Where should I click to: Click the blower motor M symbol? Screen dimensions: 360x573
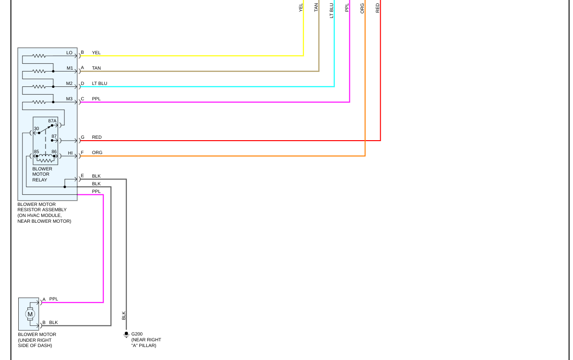tap(30, 314)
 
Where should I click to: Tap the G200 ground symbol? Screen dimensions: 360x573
tap(126, 335)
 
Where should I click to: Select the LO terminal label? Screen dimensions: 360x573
tap(70, 53)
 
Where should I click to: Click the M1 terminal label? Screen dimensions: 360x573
tap(70, 68)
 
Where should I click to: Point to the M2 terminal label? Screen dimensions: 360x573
tap(70, 84)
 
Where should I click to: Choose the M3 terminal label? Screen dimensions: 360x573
tap(70, 99)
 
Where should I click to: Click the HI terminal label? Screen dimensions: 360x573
tap(70, 153)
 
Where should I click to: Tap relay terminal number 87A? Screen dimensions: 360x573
tap(52, 121)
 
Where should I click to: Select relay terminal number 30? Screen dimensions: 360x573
tap(36, 129)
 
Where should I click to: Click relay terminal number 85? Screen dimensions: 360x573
tap(36, 152)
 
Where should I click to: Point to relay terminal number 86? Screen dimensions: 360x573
tap(54, 152)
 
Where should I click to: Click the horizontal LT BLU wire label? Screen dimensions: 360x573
tap(100, 84)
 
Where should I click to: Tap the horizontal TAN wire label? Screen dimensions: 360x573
tap(96, 68)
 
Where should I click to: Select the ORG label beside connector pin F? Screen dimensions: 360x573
tap(97, 153)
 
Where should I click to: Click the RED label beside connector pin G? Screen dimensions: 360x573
tap(97, 137)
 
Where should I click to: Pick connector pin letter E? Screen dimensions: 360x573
tap(82, 176)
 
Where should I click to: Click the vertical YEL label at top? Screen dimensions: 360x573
tap(301, 7)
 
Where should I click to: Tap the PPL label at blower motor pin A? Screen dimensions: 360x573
tap(54, 299)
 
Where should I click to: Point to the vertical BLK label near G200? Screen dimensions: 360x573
tap(123, 315)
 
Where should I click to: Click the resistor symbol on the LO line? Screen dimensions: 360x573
tap(39, 56)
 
